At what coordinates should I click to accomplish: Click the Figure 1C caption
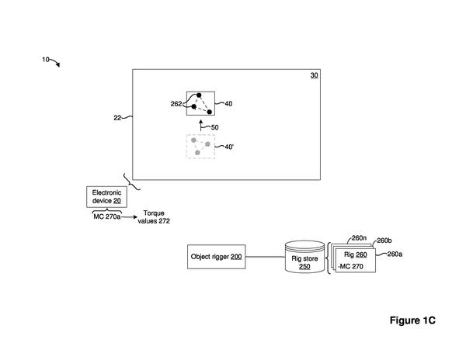pos(412,320)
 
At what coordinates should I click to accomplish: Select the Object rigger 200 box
pos(217,257)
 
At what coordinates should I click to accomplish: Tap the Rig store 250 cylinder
pos(304,257)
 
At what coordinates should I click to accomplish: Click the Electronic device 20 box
pos(106,197)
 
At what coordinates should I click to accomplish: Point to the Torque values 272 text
pos(154,217)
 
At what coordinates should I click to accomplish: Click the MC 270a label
pos(107,216)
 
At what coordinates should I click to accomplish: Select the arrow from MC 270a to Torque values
pos(129,217)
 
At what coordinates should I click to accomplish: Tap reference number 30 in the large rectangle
pos(314,75)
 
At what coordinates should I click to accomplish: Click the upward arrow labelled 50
pos(201,125)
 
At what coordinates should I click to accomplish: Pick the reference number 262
pos(176,104)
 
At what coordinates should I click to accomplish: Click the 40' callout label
pos(229,147)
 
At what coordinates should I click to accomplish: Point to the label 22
pos(117,118)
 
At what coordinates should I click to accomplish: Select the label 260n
pos(359,238)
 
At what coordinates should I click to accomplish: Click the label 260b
pos(384,241)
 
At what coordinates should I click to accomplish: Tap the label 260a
pos(395,254)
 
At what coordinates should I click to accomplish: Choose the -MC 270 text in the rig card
pos(350,266)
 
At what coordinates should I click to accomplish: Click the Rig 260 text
pos(356,254)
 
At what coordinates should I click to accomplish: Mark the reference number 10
pos(46,60)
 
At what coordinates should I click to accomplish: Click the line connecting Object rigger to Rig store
pos(265,257)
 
